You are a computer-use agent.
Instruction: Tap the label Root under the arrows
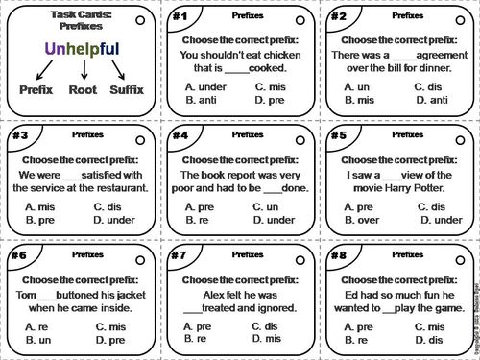click(84, 89)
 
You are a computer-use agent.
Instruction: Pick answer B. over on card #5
click(360, 220)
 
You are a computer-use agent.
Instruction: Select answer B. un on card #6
click(38, 339)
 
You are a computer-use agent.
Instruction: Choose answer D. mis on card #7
click(264, 339)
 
